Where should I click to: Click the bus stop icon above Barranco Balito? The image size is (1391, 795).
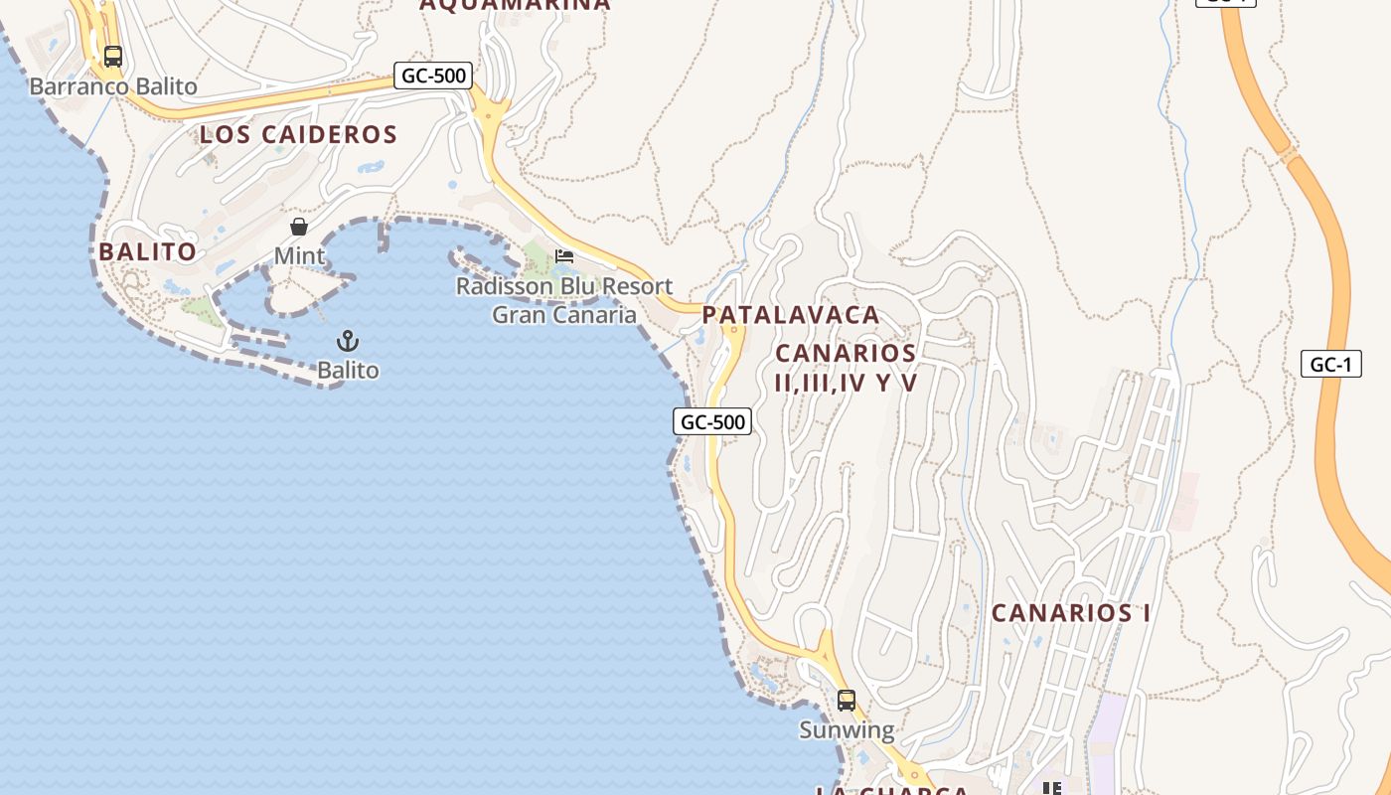pyautogui.click(x=113, y=57)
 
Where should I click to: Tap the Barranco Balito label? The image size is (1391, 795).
pyautogui.click(x=113, y=86)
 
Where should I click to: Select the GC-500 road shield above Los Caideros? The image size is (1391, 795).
pyautogui.click(x=432, y=76)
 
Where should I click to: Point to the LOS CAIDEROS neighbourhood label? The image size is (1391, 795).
pyautogui.click(x=298, y=134)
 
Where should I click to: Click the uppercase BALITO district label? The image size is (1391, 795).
pyautogui.click(x=147, y=252)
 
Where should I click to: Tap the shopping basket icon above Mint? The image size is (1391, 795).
pyautogui.click(x=299, y=227)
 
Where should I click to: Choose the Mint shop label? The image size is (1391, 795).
pyautogui.click(x=299, y=256)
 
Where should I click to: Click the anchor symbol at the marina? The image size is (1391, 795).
pyautogui.click(x=348, y=342)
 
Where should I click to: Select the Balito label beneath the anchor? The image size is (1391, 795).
pyautogui.click(x=348, y=371)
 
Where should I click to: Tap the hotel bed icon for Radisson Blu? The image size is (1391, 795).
pyautogui.click(x=564, y=256)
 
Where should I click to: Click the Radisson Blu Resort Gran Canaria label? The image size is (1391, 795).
pyautogui.click(x=564, y=301)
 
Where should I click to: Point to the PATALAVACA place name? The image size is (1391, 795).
pyautogui.click(x=791, y=315)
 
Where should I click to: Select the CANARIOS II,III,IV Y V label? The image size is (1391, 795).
pyautogui.click(x=846, y=368)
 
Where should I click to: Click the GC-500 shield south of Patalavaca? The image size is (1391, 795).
pyautogui.click(x=712, y=421)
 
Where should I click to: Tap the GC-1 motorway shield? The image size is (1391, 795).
pyautogui.click(x=1330, y=364)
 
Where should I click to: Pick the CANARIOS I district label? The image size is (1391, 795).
pyautogui.click(x=1071, y=613)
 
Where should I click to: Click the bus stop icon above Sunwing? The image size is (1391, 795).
pyautogui.click(x=847, y=701)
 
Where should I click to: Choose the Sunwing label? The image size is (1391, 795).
pyautogui.click(x=847, y=731)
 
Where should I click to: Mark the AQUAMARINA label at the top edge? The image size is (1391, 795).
pyautogui.click(x=515, y=5)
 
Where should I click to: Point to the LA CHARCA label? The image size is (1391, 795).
pyautogui.click(x=891, y=790)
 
